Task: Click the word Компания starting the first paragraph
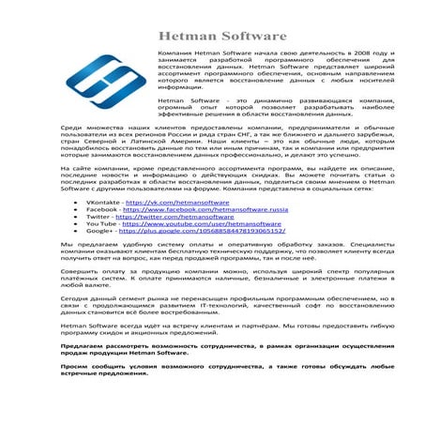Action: click(175, 55)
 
